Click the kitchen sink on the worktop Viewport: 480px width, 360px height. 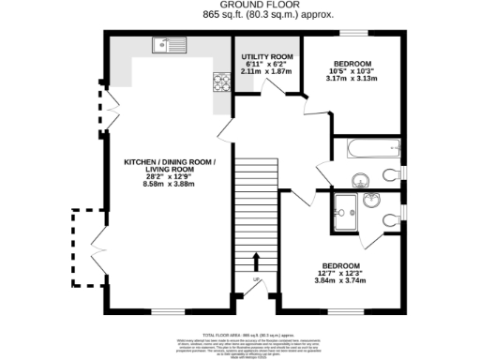173,43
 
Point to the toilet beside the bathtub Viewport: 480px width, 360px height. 393,173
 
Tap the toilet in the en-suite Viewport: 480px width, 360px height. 393,218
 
